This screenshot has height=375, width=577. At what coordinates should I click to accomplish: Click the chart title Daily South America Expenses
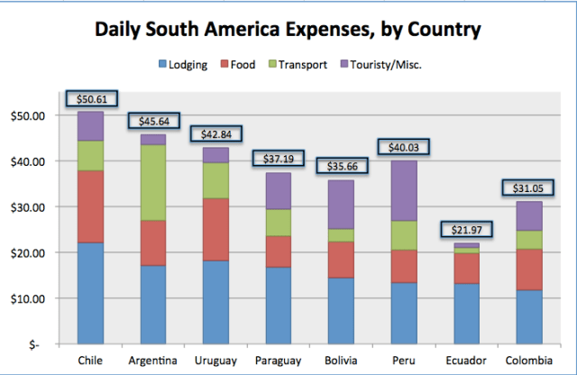coord(288,30)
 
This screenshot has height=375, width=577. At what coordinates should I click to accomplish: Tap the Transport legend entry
coord(301,64)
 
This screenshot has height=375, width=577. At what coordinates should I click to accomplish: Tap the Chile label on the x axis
coord(91,361)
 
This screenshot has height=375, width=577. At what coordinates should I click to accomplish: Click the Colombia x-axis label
coord(524,361)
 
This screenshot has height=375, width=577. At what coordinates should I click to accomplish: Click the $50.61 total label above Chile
coord(91,98)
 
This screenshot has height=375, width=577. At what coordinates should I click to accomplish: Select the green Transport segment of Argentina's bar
coord(153,182)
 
